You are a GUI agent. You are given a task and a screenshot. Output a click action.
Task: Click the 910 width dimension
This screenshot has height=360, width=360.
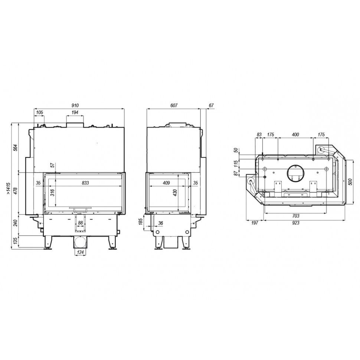click(x=75, y=105)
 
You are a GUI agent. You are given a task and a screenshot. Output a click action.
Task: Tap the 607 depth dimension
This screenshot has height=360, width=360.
click(x=174, y=105)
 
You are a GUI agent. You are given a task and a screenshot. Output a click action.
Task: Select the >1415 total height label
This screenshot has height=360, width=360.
click(x=8, y=189)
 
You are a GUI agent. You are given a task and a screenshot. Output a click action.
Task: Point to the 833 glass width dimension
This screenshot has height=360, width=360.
click(x=85, y=183)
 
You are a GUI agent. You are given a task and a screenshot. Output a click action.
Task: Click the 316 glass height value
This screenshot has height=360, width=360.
click(x=52, y=192)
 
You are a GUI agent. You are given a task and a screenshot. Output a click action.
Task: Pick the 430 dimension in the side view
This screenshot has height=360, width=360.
click(x=175, y=192)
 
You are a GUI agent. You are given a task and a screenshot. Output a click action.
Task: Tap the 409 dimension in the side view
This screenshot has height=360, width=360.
click(x=166, y=183)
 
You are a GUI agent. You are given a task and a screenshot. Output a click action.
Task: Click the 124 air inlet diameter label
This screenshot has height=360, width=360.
click(x=80, y=252)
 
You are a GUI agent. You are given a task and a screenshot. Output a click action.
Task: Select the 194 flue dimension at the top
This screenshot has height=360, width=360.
click(x=75, y=112)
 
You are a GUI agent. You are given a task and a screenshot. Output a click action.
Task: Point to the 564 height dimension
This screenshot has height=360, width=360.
click(x=15, y=148)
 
